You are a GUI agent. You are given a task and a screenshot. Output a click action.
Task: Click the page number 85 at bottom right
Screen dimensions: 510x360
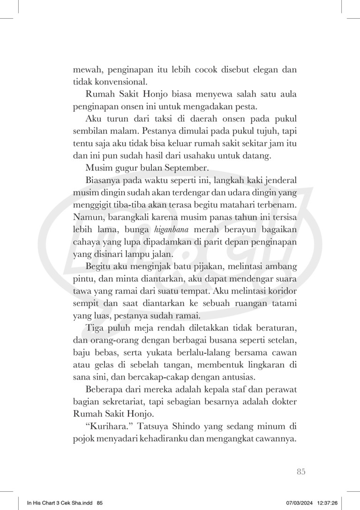(301, 472)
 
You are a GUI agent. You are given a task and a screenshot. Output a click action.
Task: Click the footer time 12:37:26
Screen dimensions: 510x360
(325, 502)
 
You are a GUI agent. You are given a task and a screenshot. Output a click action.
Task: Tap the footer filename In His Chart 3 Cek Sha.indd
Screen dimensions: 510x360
(60, 502)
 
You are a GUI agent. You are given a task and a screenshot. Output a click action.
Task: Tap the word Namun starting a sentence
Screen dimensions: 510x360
(87, 219)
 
